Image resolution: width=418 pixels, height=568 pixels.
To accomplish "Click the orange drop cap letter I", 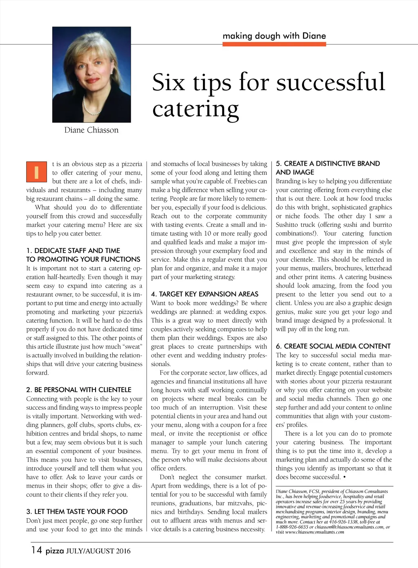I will click(x=36, y=172).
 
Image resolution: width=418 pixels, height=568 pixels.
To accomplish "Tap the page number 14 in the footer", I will click(x=36, y=550).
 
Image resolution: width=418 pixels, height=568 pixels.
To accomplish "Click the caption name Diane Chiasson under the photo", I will click(x=91, y=130).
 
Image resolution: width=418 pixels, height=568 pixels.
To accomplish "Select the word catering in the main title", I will click(x=196, y=109).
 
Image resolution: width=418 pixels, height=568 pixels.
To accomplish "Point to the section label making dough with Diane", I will click(x=274, y=36).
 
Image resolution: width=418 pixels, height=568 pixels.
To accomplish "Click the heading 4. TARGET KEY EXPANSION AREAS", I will click(x=205, y=294).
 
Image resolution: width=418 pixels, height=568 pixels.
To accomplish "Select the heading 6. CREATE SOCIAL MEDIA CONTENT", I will click(x=333, y=346).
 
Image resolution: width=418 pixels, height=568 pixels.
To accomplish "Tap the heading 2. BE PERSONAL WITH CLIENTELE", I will click(x=79, y=390).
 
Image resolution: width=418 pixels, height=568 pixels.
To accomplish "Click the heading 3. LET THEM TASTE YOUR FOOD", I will click(x=77, y=511).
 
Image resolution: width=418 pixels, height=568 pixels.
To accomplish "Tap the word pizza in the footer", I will click(x=55, y=551).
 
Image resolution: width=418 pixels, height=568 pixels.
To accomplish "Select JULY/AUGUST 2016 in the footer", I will click(x=98, y=551).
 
